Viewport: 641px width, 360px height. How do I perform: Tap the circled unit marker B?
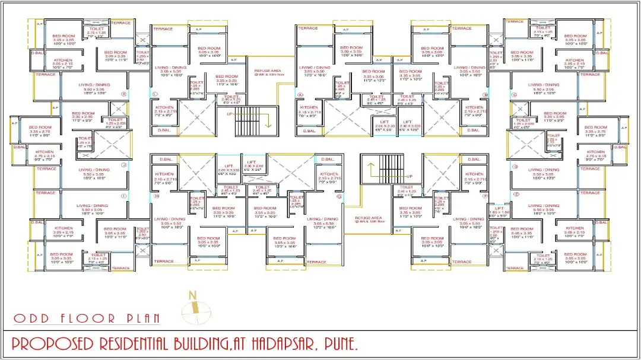pos(485,94)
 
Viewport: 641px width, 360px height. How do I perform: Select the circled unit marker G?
pos(339,196)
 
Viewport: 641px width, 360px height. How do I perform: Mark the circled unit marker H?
pos(156,196)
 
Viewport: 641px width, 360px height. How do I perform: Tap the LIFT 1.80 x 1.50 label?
pos(499,211)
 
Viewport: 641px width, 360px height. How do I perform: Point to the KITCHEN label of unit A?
pos(309,110)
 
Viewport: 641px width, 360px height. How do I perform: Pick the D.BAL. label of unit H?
pos(167,160)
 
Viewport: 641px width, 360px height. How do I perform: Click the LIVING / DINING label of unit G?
pos(322,221)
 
